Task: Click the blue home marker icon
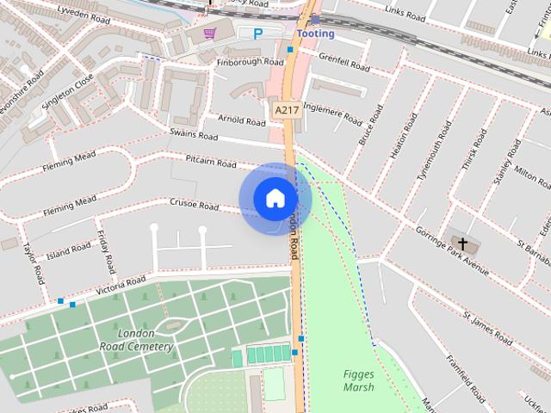click(275, 199)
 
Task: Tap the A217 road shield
click(286, 110)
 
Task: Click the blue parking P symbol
click(257, 34)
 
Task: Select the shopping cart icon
click(210, 34)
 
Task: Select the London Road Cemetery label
click(137, 340)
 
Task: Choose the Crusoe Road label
click(195, 205)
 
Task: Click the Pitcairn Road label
click(211, 162)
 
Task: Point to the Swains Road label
click(194, 135)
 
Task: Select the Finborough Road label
click(250, 62)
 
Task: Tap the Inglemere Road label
click(333, 113)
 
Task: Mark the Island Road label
click(69, 250)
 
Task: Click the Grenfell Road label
click(344, 63)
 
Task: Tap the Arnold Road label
click(242, 120)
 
